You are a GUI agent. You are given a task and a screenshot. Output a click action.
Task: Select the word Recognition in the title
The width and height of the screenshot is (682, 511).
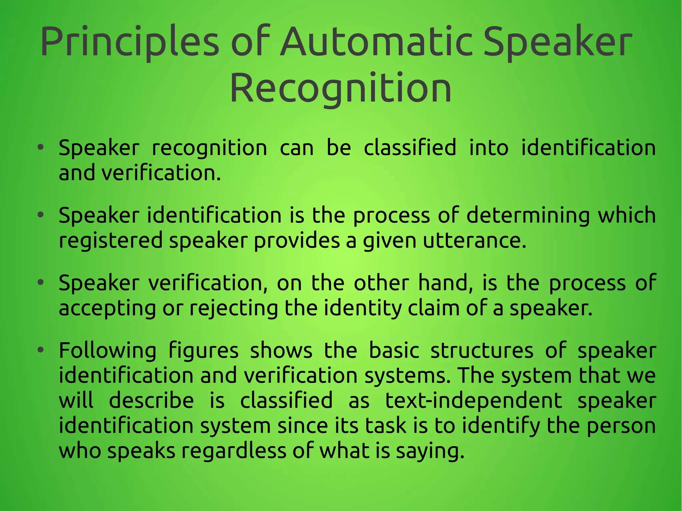[340, 89]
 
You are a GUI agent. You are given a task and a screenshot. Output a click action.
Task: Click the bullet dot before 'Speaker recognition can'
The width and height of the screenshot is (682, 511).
[41, 147]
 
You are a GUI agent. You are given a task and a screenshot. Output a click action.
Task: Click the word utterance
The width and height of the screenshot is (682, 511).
[475, 240]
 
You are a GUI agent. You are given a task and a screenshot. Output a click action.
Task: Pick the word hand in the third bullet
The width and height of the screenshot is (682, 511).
[445, 283]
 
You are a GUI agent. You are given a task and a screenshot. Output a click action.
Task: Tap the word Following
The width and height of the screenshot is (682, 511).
[107, 351]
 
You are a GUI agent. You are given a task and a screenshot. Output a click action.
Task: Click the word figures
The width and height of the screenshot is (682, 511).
[203, 351]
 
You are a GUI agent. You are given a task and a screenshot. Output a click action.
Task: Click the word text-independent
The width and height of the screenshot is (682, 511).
[474, 400]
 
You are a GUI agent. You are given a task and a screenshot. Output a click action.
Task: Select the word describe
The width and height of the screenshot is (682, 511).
[152, 400]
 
